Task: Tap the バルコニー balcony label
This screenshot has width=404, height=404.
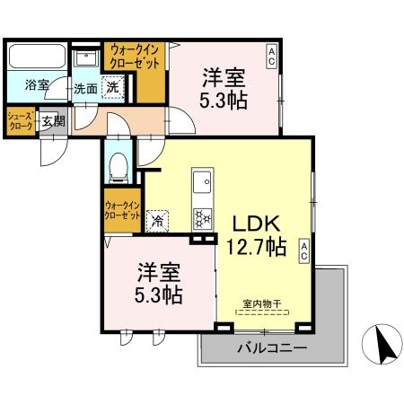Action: (271, 347)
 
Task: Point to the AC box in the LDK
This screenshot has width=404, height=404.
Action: (304, 252)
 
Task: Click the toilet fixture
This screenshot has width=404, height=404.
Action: (117, 167)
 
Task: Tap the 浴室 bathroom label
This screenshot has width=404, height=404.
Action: (37, 86)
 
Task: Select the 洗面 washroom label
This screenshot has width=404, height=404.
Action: (86, 89)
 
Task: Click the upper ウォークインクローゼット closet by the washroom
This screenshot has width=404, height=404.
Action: (136, 57)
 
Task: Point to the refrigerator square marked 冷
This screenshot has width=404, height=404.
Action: (158, 219)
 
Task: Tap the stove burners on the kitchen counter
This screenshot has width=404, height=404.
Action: (202, 217)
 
